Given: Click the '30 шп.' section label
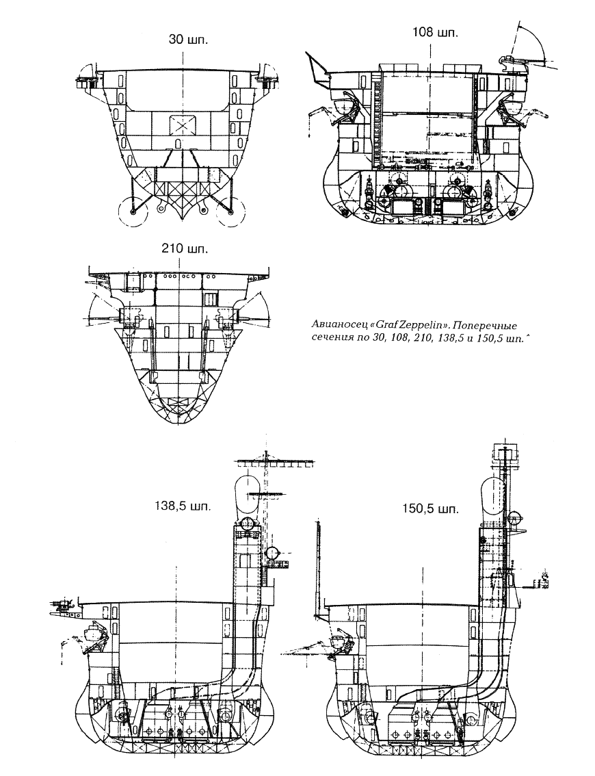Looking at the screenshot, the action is [188, 40].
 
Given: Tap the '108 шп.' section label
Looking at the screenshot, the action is [435, 33].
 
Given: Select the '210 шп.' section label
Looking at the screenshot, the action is [185, 249].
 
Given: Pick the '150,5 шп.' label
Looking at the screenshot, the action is [429, 508].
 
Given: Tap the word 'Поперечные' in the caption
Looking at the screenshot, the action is [485, 326].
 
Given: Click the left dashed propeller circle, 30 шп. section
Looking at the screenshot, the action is [133, 212].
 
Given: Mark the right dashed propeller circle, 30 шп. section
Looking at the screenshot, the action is [231, 212].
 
